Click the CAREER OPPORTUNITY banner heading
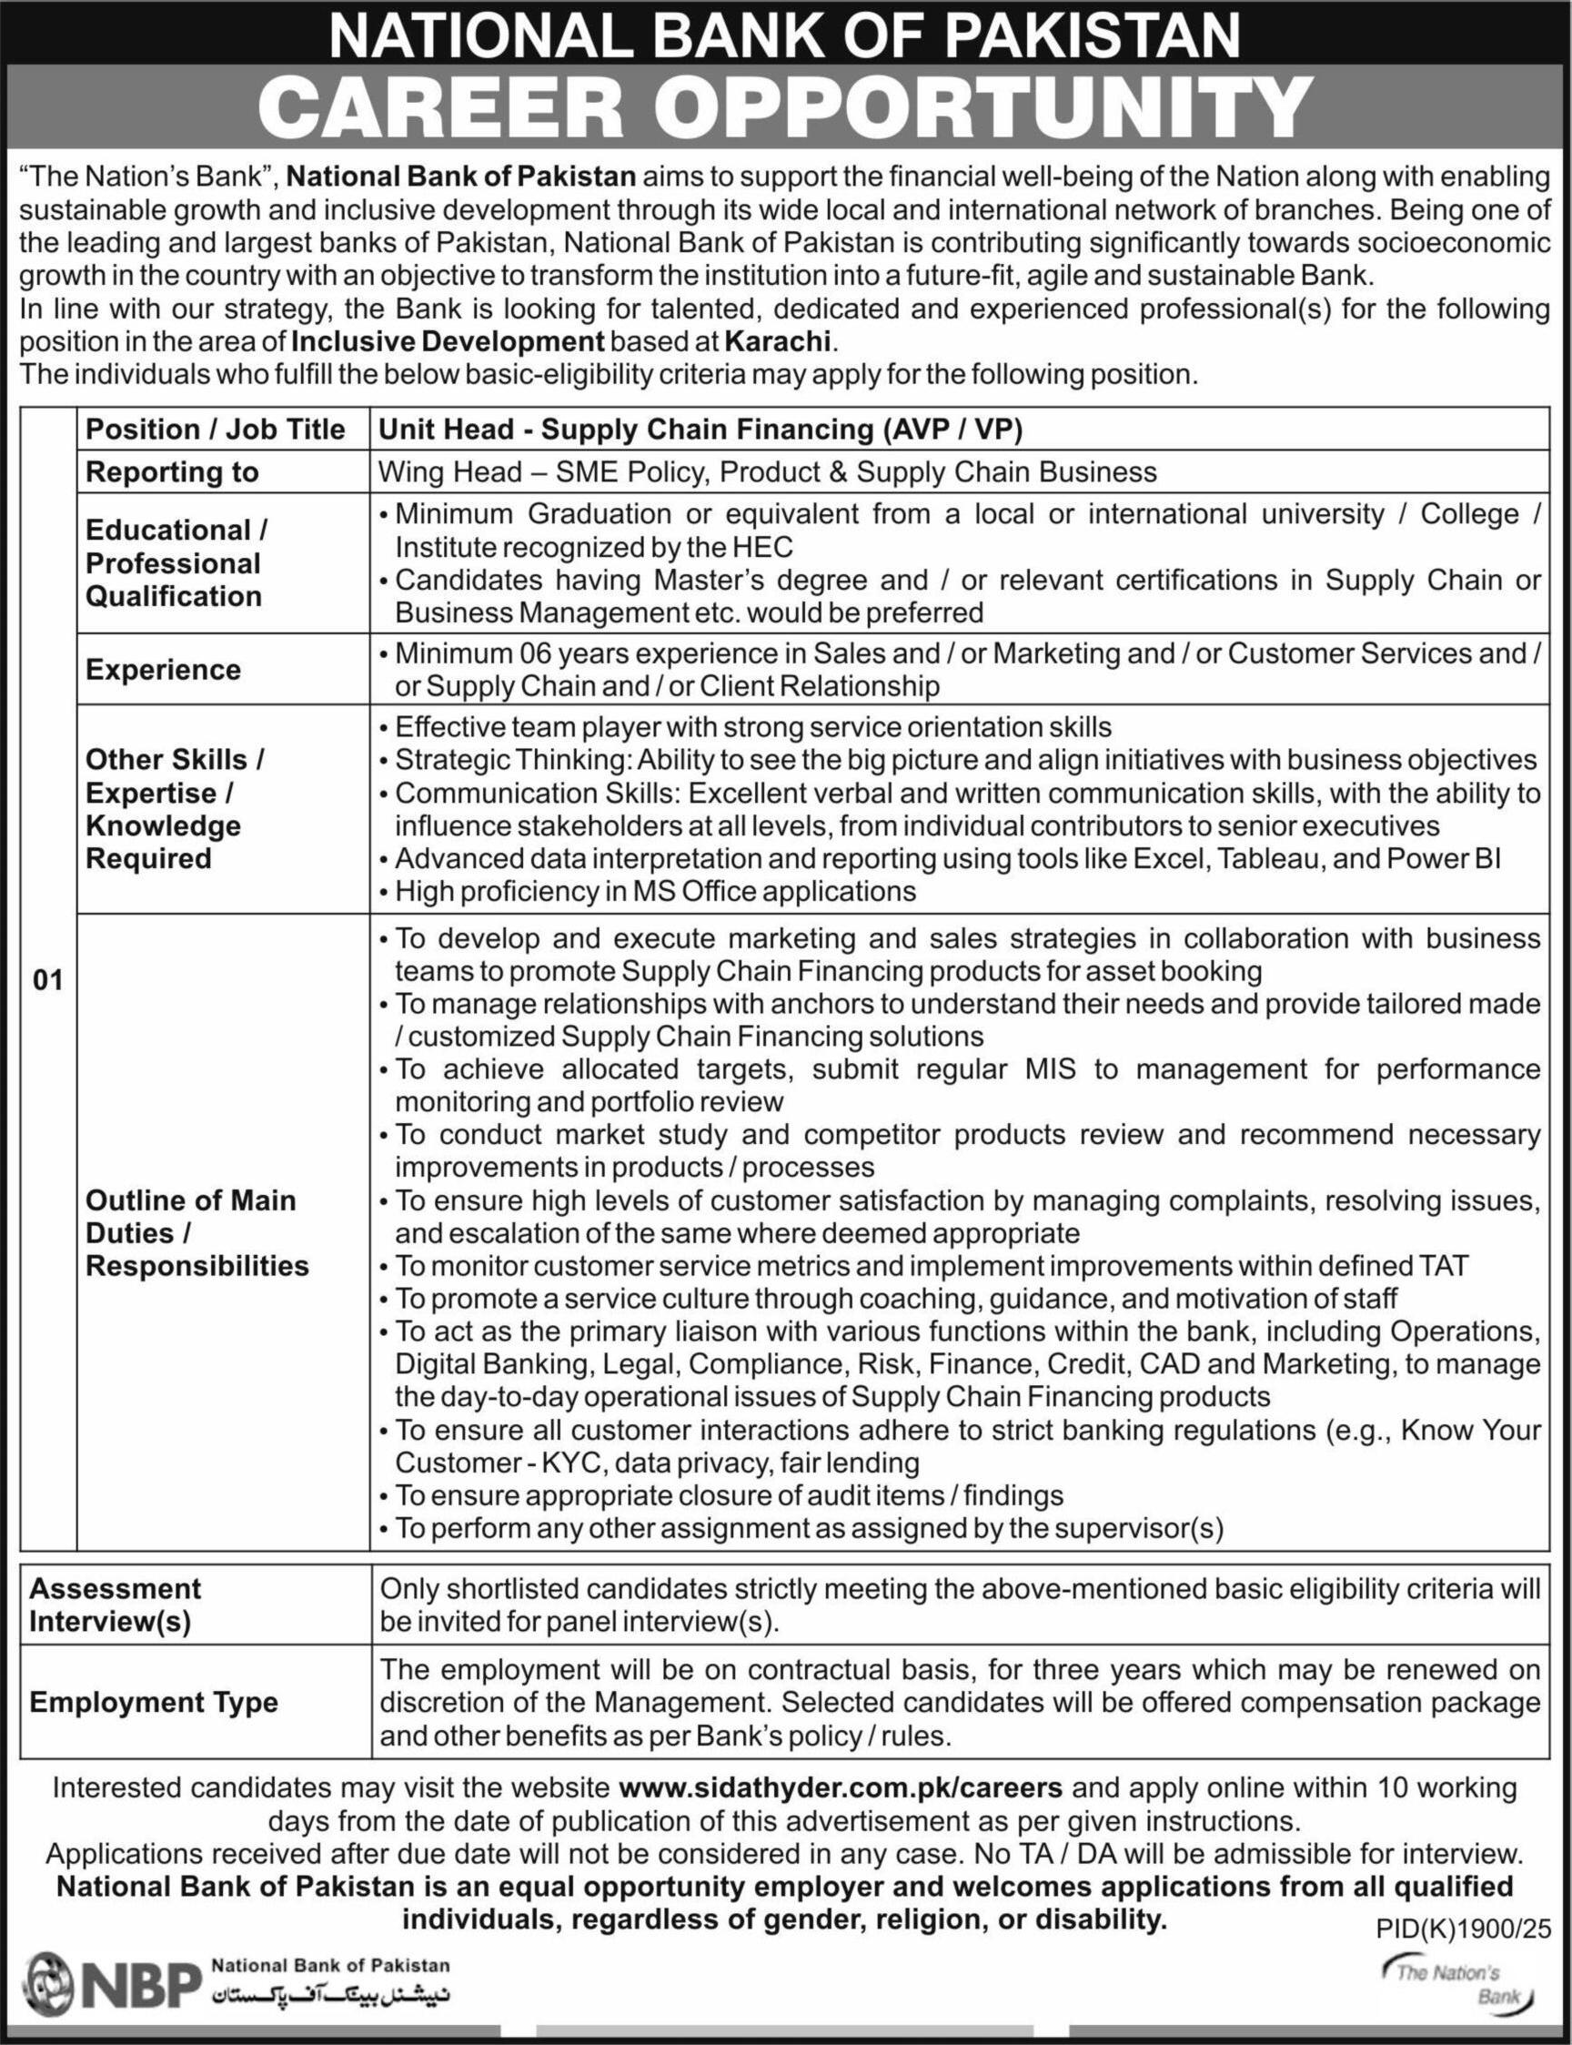point(784,107)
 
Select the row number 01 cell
point(47,980)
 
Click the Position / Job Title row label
point(216,429)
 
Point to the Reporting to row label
point(171,471)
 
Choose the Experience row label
point(163,669)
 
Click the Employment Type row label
point(154,1702)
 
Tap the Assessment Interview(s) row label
point(116,1605)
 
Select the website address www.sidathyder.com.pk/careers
point(841,1787)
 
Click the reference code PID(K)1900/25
point(1463,1927)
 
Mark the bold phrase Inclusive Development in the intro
point(448,340)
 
